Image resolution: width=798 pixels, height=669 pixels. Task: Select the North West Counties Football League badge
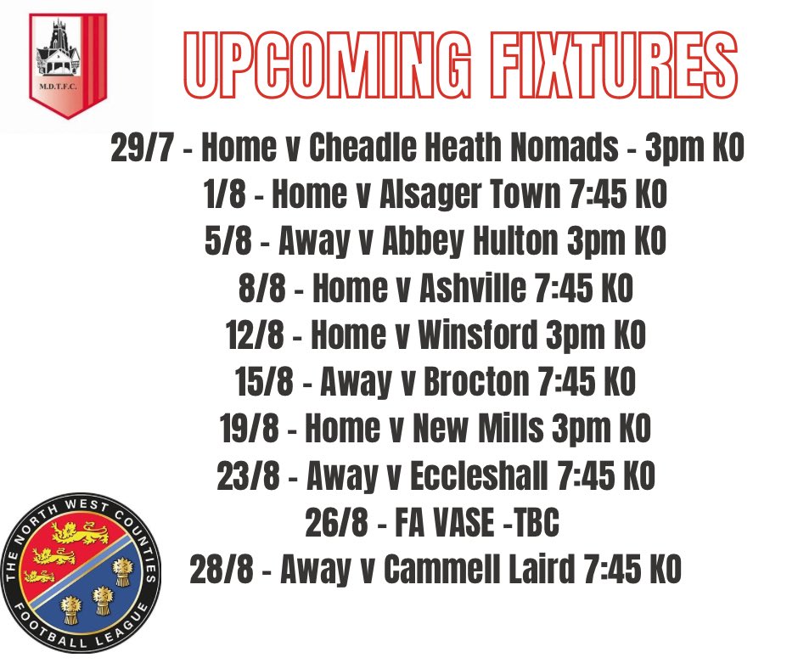[x=80, y=573]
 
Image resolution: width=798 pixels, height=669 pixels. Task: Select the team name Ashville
[x=473, y=290]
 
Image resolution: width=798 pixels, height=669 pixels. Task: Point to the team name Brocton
[x=476, y=383]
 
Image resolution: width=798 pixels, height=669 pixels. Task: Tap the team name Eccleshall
[x=479, y=476]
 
